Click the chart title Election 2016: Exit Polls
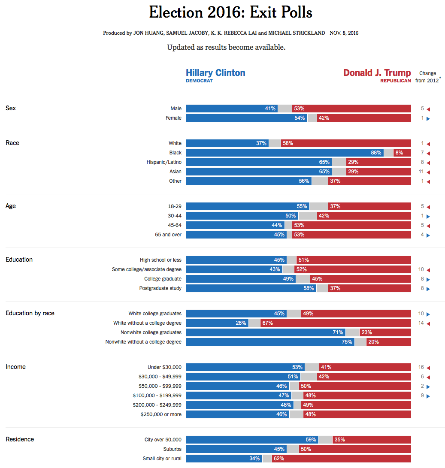click(230, 13)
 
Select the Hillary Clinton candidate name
click(215, 72)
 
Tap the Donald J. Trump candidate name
click(377, 72)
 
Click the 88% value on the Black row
click(376, 153)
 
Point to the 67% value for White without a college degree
click(267, 323)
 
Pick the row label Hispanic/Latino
click(163, 162)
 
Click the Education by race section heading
click(30, 313)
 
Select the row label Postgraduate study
click(160, 288)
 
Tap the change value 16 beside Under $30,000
click(421, 367)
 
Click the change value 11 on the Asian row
click(421, 172)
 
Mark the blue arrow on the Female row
click(428, 118)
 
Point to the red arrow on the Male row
click(428, 109)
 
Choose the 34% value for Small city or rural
click(254, 459)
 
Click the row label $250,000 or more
click(161, 414)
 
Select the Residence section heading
click(20, 439)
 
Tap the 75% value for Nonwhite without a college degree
click(347, 342)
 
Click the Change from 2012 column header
click(427, 77)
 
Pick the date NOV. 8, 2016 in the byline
click(344, 33)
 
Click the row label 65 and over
click(168, 235)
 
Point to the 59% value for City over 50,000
click(311, 440)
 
